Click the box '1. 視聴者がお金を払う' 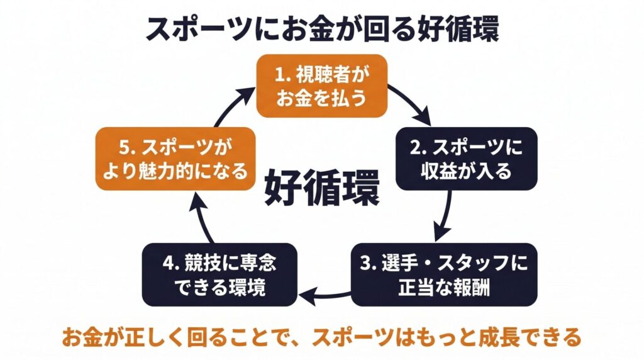tap(321, 86)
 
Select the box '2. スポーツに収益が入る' tap(467, 159)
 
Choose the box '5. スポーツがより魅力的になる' tap(175, 159)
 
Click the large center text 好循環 tap(321, 188)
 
